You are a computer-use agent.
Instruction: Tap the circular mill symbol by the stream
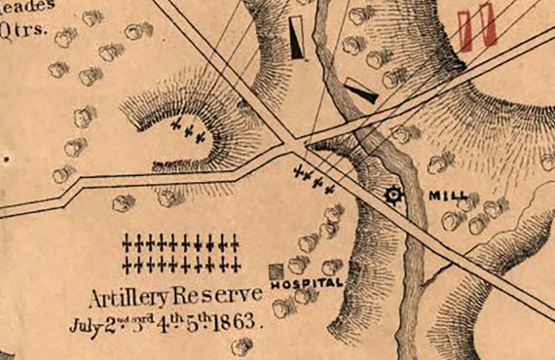(393, 195)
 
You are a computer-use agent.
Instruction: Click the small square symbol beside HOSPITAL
(276, 270)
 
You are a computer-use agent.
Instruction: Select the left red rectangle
(467, 30)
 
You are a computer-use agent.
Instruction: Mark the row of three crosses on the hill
(186, 132)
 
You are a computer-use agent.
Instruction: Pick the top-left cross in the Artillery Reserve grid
(130, 241)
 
